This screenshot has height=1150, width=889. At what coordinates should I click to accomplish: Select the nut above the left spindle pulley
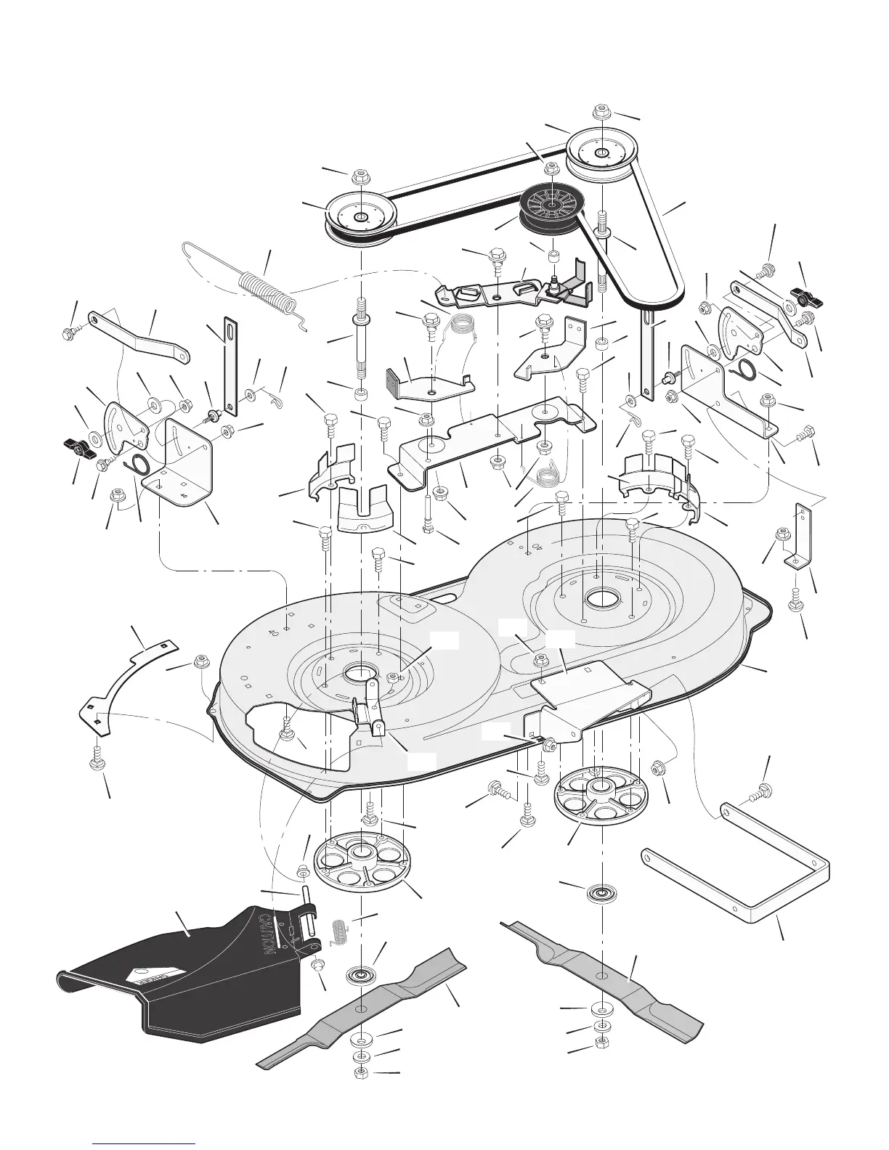click(360, 177)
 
